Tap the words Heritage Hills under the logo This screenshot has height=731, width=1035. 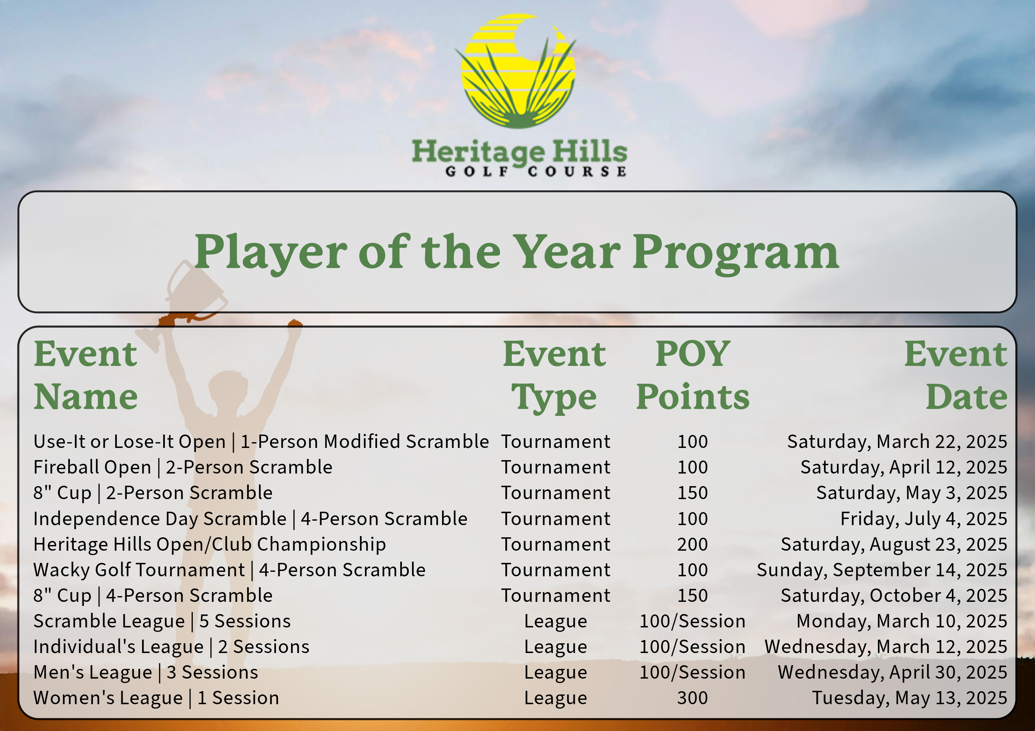click(x=519, y=151)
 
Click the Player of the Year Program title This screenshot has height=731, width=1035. click(x=517, y=253)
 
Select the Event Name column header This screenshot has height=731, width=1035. click(x=86, y=375)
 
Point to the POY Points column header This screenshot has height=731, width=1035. click(x=692, y=375)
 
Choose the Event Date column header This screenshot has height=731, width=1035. click(x=956, y=375)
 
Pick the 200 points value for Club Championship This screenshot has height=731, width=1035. click(x=692, y=544)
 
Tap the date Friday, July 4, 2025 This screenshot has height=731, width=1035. click(x=924, y=519)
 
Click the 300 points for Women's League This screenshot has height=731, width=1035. click(x=692, y=698)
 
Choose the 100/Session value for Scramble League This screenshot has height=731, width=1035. click(x=692, y=621)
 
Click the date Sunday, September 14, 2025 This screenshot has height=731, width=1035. click(x=882, y=571)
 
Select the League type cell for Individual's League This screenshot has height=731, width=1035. click(x=555, y=647)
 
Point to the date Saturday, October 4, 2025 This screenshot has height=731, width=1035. click(x=894, y=596)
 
